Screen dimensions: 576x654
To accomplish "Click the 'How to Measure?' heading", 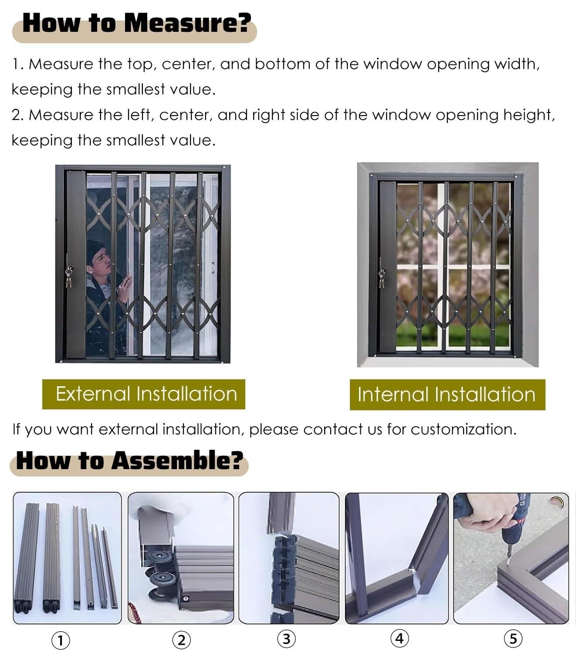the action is pos(137,23).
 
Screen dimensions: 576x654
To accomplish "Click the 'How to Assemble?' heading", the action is pos(129,460).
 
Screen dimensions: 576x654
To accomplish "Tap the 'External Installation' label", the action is pos(146,394).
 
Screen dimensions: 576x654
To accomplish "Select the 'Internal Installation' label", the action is pos(447,395).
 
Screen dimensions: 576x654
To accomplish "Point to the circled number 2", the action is pos(181,640).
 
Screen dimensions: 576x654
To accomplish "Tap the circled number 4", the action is pos(400,638).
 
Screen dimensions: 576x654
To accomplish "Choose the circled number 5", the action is pos(513,639).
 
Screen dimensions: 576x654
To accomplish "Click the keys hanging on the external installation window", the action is pos(68,277).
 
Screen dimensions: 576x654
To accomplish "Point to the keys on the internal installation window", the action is pos(382,278).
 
